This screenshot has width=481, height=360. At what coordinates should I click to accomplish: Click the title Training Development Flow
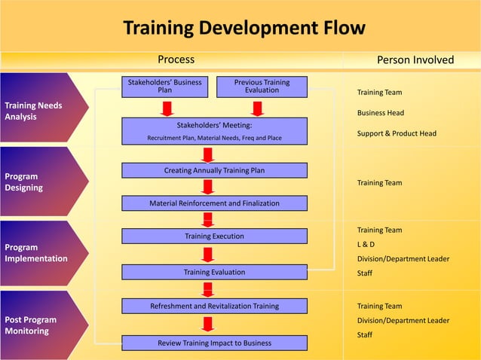(244, 29)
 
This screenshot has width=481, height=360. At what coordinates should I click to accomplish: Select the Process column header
(176, 59)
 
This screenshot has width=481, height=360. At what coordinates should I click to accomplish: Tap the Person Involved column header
(415, 59)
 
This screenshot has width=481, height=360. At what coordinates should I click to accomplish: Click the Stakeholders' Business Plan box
(164, 86)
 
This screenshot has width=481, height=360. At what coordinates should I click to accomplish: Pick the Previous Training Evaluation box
(262, 86)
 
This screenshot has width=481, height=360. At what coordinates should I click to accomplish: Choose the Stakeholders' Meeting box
(214, 131)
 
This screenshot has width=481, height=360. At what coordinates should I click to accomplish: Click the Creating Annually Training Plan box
(214, 171)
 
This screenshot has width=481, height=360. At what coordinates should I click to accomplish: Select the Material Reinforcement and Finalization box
(214, 203)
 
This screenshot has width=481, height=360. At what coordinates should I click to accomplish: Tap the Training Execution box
(214, 236)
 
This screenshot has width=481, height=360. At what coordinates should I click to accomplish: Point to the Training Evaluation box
(214, 272)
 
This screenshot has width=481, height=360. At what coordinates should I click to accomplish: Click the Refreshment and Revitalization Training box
(214, 307)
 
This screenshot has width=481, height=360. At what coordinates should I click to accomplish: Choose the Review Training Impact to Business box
(214, 343)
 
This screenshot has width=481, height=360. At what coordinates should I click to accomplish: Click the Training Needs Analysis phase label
(34, 111)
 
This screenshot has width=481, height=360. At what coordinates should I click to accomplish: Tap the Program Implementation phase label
(36, 253)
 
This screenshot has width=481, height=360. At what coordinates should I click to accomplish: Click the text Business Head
(381, 113)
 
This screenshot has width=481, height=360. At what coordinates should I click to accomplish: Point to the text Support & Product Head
(397, 134)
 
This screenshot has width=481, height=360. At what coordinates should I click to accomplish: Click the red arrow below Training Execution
(208, 254)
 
